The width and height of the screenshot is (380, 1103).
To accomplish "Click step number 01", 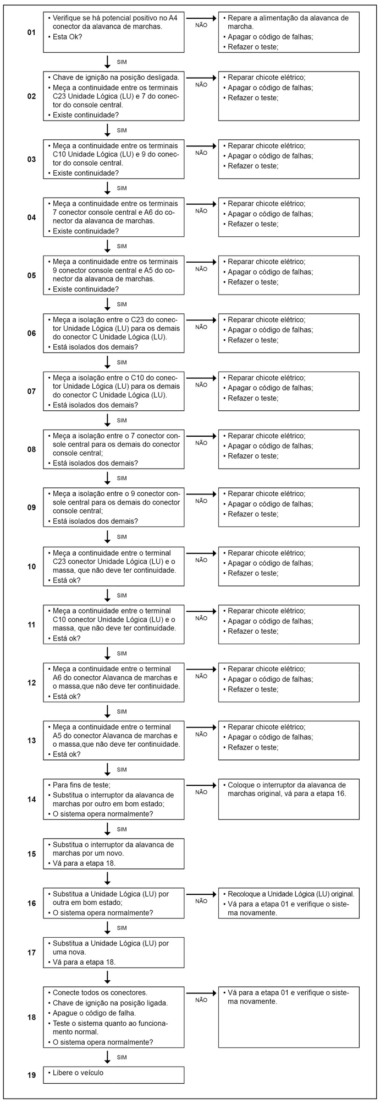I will click(31, 33).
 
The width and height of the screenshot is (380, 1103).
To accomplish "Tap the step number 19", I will click(31, 1075).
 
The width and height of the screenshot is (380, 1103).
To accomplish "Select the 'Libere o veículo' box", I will click(114, 1075).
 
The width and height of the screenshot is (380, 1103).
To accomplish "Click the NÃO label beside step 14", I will click(201, 792).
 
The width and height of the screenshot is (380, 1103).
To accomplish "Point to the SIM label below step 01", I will click(122, 62).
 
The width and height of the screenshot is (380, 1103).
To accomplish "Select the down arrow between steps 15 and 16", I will click(108, 877).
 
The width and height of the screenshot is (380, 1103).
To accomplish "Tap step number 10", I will click(31, 567).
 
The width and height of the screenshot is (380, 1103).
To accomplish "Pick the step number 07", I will click(31, 392).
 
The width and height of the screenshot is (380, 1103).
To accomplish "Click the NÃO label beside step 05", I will click(201, 269).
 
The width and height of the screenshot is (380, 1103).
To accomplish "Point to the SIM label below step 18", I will click(122, 1057).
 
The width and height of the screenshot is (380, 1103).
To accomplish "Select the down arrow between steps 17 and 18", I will click(108, 976).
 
